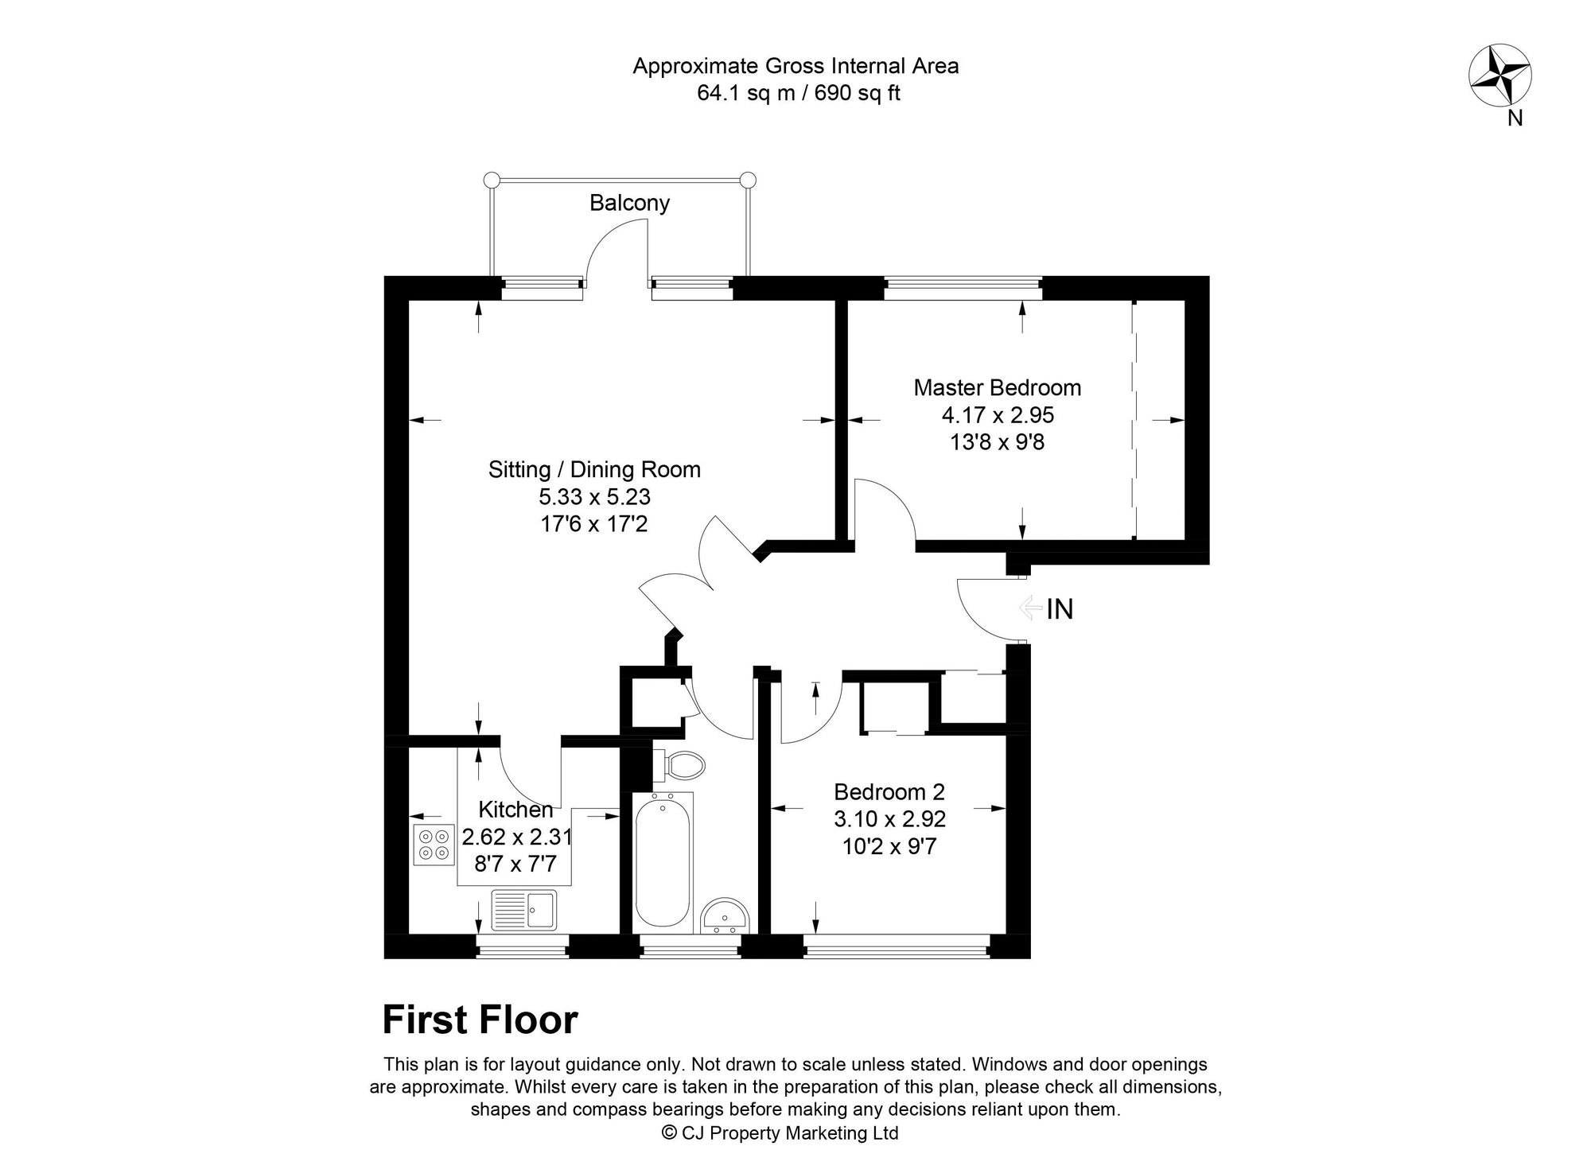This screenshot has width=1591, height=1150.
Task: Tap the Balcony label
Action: (629, 203)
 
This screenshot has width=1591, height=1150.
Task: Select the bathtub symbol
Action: (663, 861)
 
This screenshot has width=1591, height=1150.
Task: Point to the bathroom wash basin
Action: (725, 917)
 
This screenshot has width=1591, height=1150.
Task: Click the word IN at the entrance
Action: (1060, 609)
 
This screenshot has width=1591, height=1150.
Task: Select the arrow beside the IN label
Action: (1030, 608)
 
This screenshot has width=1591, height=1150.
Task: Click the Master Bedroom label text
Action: (997, 388)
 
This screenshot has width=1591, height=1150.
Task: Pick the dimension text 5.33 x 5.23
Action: (594, 497)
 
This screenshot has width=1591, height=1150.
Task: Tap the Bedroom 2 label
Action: (889, 792)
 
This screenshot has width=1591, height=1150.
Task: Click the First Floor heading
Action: (480, 1020)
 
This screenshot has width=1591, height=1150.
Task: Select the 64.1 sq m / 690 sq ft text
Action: (798, 93)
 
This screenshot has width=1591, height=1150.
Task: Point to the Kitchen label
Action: (515, 810)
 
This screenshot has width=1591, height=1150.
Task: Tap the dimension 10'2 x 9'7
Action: (889, 846)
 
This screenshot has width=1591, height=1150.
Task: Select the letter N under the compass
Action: (1515, 118)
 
